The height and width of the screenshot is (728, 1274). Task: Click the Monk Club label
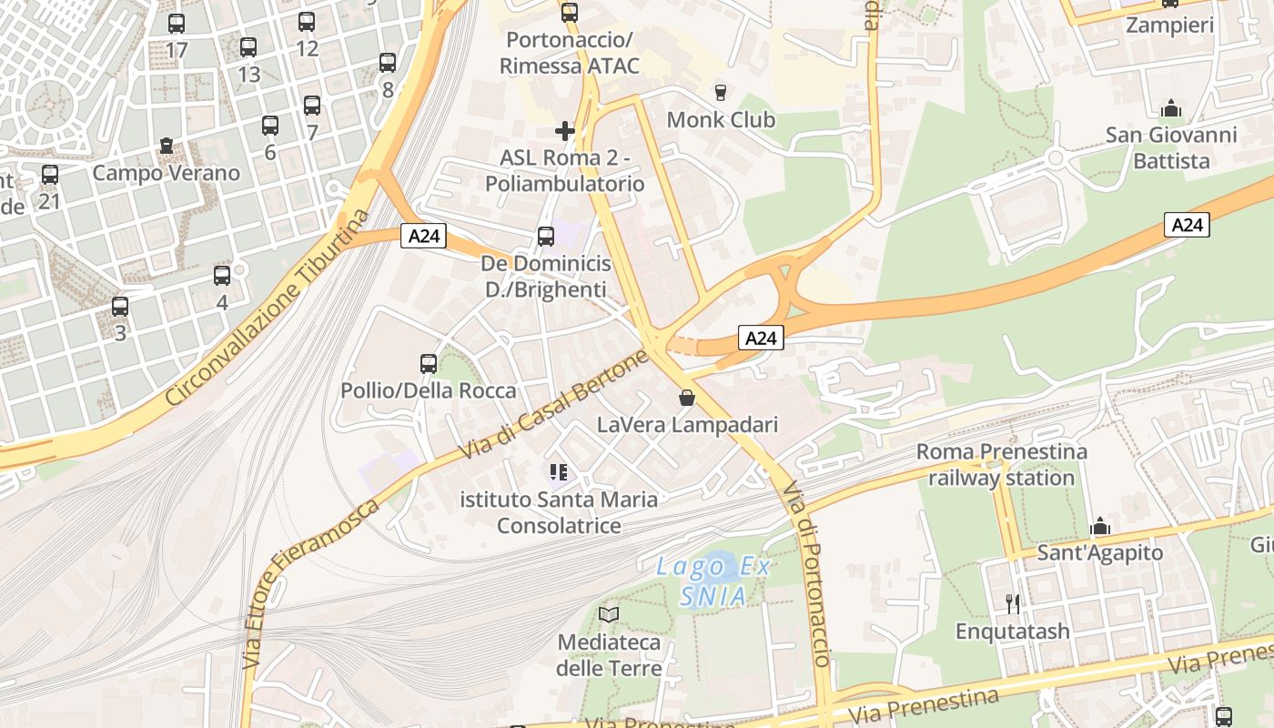[x=721, y=120]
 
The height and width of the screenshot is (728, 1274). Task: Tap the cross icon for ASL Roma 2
[x=565, y=131]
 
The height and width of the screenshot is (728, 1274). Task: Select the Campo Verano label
[x=167, y=173]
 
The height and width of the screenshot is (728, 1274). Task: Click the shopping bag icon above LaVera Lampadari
[x=687, y=398]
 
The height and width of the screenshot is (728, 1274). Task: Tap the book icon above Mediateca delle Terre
[x=609, y=615]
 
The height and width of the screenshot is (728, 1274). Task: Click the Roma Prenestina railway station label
[x=1001, y=464]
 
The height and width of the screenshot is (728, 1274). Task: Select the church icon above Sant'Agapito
[x=1100, y=527]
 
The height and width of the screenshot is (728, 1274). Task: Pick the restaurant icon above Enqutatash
[x=1012, y=603]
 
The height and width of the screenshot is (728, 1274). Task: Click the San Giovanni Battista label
[x=1171, y=148]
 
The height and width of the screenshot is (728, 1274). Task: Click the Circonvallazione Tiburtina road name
[x=269, y=308]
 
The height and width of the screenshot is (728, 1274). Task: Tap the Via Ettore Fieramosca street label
[x=310, y=583]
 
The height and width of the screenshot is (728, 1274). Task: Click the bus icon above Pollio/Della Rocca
[x=429, y=364]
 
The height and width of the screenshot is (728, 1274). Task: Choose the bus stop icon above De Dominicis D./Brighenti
[x=546, y=237]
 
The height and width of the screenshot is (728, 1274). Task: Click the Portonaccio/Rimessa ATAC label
[x=569, y=53]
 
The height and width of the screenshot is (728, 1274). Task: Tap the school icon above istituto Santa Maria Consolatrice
[x=559, y=472]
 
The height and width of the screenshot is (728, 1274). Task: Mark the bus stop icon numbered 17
[x=177, y=24]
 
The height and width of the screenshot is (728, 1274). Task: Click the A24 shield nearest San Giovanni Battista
[x=1187, y=225]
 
